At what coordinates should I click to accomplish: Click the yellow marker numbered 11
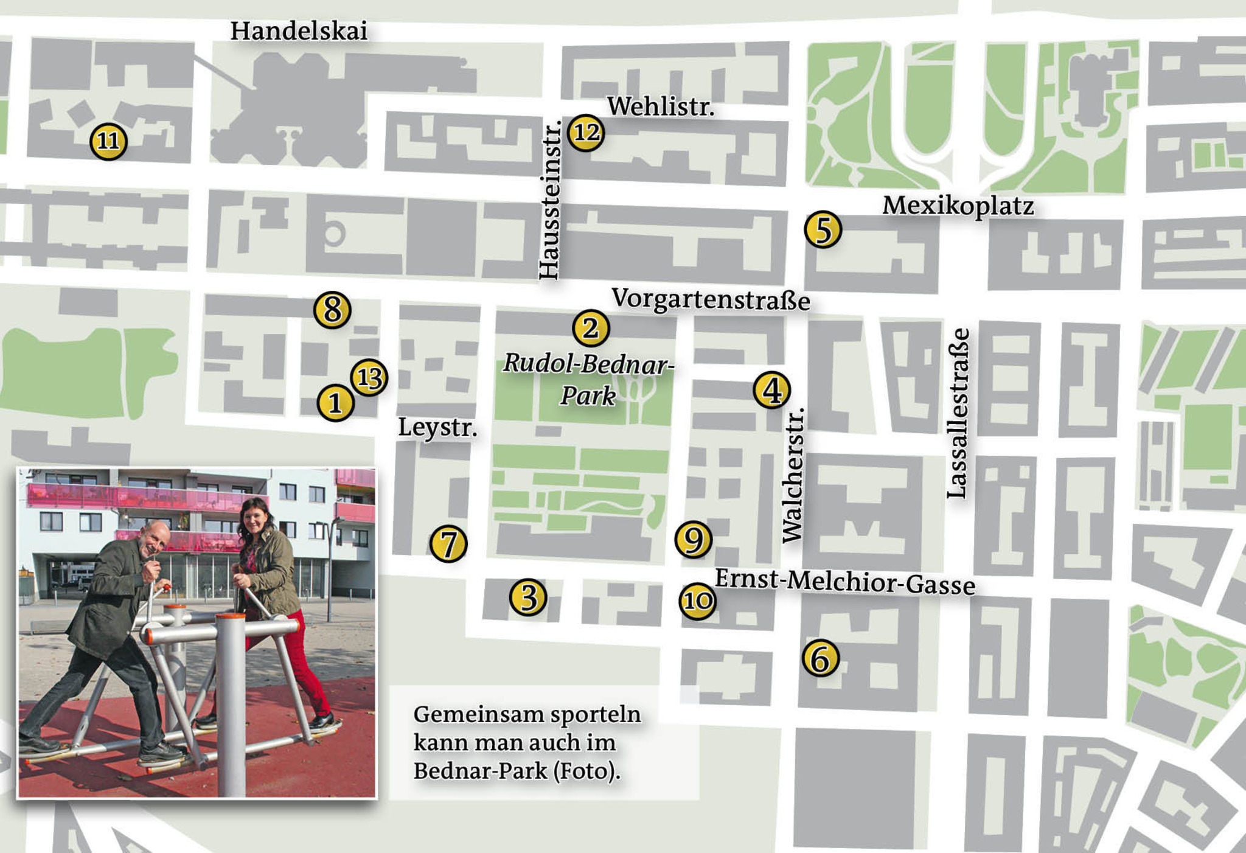(108, 141)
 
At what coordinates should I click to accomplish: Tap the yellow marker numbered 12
(586, 132)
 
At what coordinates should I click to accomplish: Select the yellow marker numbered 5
(823, 230)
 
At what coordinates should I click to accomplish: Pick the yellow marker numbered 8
(332, 310)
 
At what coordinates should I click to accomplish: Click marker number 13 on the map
(369, 377)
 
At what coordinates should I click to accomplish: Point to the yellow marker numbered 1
(335, 403)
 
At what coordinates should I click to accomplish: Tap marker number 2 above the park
(591, 329)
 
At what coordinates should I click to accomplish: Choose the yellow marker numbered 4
(771, 390)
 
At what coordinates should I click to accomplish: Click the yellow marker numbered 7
(448, 544)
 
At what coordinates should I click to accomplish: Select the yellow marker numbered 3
(528, 597)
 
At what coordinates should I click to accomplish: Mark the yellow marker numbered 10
(697, 601)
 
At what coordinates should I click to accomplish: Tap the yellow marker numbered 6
(820, 659)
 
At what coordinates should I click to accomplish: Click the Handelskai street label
(299, 31)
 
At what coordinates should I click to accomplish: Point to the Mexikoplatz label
(958, 206)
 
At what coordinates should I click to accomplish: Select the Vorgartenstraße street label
(711, 299)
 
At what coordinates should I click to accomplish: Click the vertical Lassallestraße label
(957, 414)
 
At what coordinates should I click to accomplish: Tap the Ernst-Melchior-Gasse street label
(844, 582)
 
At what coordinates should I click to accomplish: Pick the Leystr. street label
(437, 428)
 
